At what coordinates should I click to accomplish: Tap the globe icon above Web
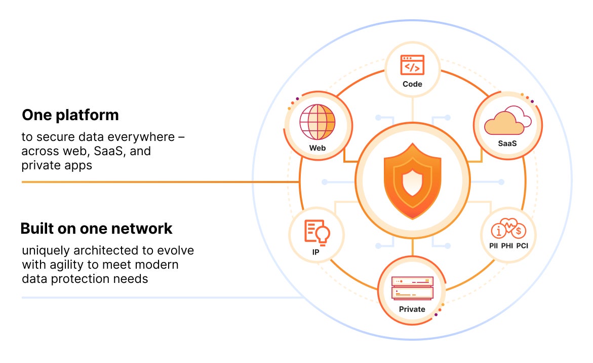[318, 123]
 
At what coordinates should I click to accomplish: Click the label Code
[412, 84]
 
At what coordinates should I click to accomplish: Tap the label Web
[318, 149]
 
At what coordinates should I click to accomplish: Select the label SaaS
[507, 143]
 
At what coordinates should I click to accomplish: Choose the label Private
[412, 309]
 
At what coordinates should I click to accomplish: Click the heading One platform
[70, 115]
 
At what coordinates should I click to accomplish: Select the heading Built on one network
[96, 229]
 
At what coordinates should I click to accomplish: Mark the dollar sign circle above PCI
[520, 232]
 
